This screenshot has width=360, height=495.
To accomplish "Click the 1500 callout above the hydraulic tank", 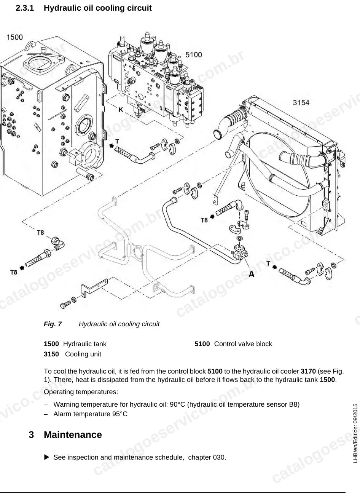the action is pos(14,37).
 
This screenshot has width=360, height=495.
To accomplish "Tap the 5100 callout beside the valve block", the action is pos(193,54).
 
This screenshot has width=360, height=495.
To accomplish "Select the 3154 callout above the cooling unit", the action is pos(301,102).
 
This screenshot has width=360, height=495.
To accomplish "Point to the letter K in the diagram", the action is pos(121,110).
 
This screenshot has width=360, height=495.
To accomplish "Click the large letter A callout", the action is pos(251,274).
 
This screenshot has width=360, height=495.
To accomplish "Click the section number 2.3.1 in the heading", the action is pos(25,8).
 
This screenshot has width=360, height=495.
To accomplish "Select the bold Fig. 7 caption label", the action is pos(53,324).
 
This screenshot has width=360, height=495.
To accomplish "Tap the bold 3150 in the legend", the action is pos(51,354).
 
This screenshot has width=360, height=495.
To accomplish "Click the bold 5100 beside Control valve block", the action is pos(202,344).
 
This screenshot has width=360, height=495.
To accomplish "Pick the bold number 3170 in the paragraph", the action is pos(308,371).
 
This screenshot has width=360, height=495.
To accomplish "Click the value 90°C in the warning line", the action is pos(177,404).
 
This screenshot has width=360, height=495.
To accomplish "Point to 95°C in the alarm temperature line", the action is pos(120,414).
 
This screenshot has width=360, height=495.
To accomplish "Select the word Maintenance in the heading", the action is pos(73,435).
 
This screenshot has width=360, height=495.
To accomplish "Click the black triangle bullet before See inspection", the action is pos(46,457).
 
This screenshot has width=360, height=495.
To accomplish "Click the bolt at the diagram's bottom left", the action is pos(65,305).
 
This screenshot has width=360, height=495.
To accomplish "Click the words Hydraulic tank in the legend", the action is pos(85,344).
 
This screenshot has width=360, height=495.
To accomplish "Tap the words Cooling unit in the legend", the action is pos(83,354).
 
